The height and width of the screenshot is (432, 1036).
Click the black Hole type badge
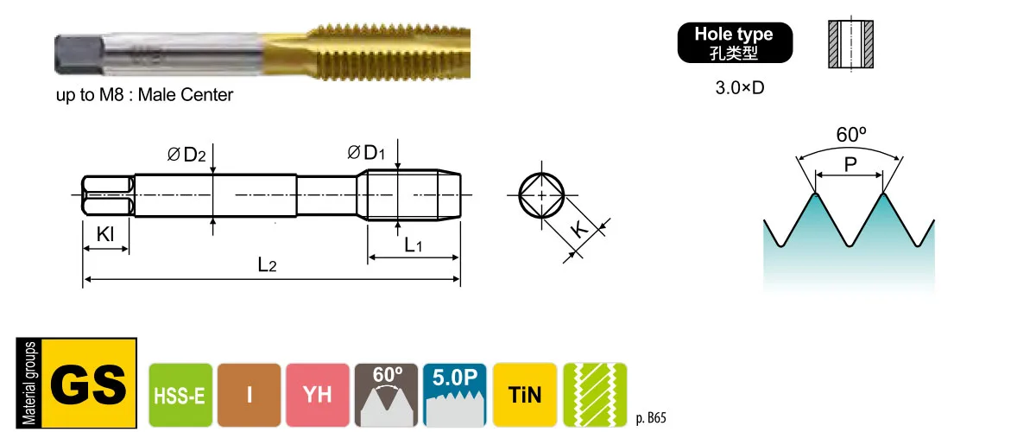735,42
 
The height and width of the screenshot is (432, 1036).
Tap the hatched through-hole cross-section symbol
850,44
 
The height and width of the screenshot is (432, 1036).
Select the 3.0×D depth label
740,87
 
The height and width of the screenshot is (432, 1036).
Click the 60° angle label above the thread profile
851,135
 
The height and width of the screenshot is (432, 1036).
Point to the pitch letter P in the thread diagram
850,164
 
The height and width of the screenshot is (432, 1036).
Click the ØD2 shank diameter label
186,154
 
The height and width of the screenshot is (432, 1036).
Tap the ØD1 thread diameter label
366,152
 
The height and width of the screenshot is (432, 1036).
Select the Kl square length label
105,234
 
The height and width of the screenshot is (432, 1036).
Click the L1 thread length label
413,245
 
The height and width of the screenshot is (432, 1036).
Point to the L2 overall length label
267,265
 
